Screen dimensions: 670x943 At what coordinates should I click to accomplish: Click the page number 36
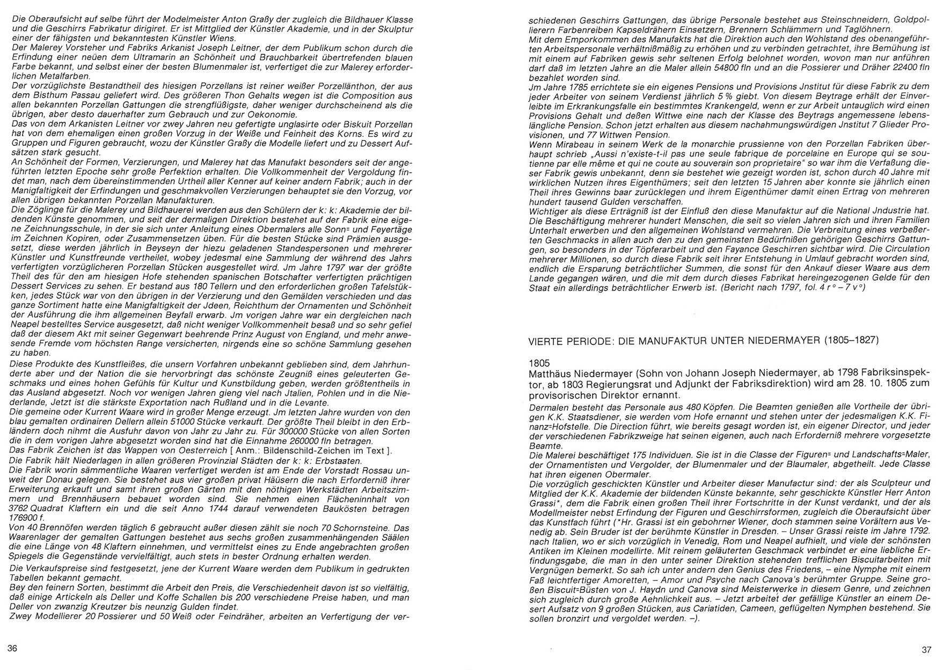[12, 649]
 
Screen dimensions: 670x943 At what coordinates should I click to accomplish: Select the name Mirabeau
[564, 144]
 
